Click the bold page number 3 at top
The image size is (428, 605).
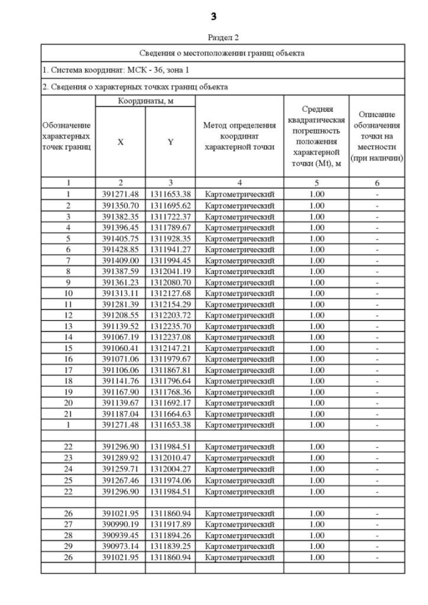pos(214,16)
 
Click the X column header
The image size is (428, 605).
pos(120,142)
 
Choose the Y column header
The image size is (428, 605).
pos(171,142)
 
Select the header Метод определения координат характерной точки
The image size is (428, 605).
pos(239,136)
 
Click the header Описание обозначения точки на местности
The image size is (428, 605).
pos(377,136)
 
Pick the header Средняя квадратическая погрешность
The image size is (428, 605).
pos(315,137)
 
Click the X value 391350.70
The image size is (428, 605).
pos(120,205)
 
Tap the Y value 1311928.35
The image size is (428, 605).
pos(171,238)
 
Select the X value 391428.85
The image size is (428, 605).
pos(120,249)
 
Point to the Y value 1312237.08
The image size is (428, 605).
pos(171,337)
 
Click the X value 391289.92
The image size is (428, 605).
pos(120,458)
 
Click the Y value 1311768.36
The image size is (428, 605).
pos(171,392)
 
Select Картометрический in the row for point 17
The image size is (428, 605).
pos(239,370)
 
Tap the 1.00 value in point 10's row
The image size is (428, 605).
pos(315,293)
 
